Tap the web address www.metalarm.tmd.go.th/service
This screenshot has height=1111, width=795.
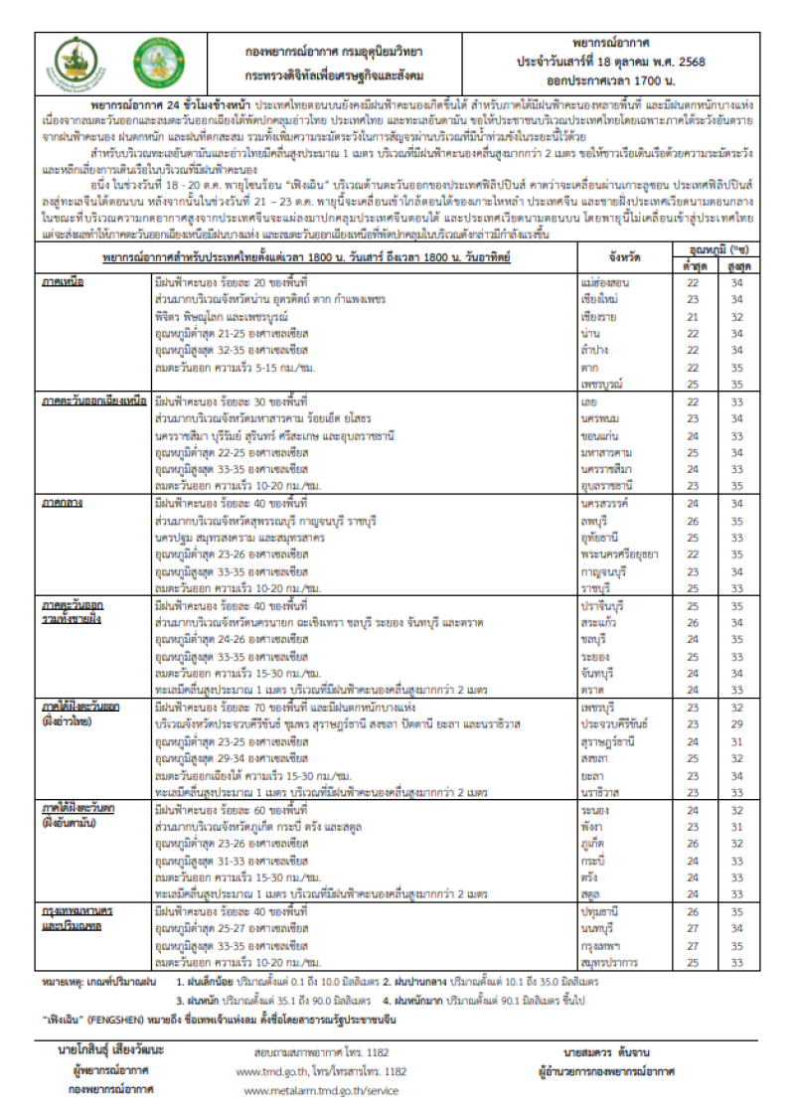(x=320, y=1090)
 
